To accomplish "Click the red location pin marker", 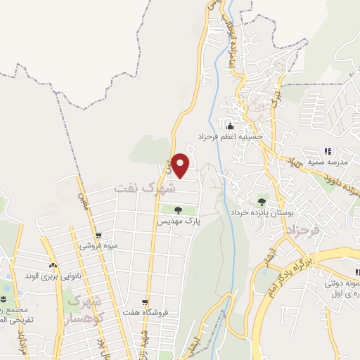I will [x=181, y=165].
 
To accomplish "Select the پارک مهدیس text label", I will [x=178, y=221].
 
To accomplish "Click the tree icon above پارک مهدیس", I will [x=178, y=210].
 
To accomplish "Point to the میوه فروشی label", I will [x=98, y=246].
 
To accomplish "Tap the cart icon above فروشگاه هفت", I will [x=144, y=301].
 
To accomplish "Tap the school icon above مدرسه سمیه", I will [x=328, y=151].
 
